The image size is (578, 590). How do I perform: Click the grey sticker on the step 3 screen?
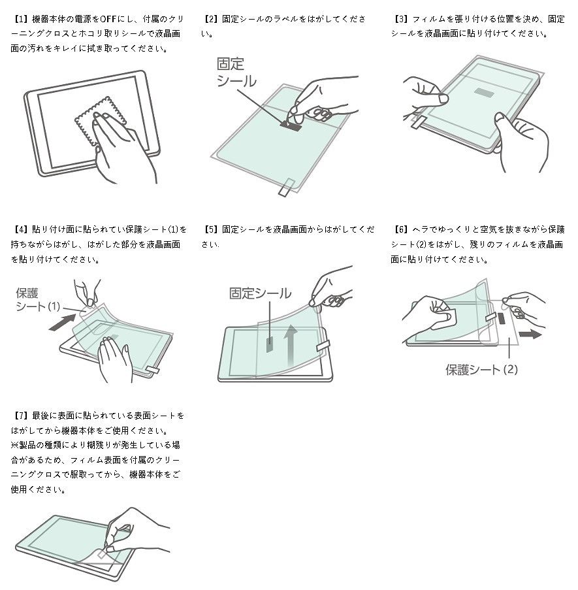487,91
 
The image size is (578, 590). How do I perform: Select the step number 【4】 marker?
20,229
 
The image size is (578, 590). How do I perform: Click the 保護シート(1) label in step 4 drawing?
38,300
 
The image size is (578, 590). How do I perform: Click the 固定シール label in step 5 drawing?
260,293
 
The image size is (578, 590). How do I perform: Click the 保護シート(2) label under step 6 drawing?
481,370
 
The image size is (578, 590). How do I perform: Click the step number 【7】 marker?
20,416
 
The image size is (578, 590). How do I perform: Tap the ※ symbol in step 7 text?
15,445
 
